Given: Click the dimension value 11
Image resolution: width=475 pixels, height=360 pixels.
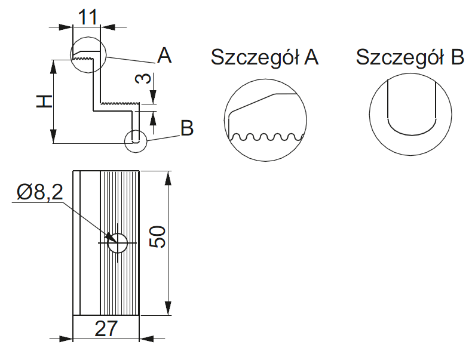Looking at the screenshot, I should click(x=88, y=16).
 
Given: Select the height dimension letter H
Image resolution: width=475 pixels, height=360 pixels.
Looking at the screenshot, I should click(x=44, y=101).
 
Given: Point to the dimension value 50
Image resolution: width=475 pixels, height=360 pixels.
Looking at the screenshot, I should click(x=157, y=238).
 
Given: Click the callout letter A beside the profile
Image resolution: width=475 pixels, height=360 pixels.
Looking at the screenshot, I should click(x=164, y=56).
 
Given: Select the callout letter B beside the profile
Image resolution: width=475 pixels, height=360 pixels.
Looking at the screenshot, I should click(x=187, y=128).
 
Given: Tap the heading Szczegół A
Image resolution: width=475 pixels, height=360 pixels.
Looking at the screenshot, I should click(x=265, y=57).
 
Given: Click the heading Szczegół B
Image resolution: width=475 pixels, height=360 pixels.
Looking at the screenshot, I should click(x=410, y=57).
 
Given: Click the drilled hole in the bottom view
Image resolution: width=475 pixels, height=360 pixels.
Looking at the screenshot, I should click(x=118, y=243).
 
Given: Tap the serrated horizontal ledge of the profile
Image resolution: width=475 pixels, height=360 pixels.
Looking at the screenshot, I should click(x=119, y=104).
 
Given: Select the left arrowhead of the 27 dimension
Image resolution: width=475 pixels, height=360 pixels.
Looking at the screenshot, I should click(x=66, y=339).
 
